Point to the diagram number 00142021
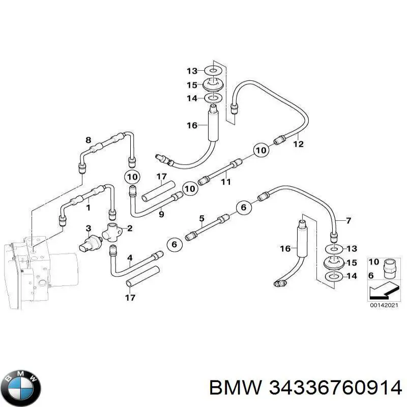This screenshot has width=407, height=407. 384,306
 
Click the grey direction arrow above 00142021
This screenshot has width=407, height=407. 383,292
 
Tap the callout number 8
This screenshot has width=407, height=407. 89,140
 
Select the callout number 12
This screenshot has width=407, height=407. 298,144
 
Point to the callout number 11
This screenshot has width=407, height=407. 226,182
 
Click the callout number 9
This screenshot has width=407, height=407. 161,214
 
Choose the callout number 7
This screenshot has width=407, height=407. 348,221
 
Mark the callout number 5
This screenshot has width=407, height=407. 201,218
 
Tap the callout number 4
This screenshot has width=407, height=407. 130,258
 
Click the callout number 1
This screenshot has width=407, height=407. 88,208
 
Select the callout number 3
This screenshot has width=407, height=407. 89,228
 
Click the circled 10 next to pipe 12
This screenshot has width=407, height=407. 261,150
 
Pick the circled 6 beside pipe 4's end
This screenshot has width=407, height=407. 174,244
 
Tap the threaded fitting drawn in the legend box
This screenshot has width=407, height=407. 389,269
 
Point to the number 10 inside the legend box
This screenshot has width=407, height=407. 374,261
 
